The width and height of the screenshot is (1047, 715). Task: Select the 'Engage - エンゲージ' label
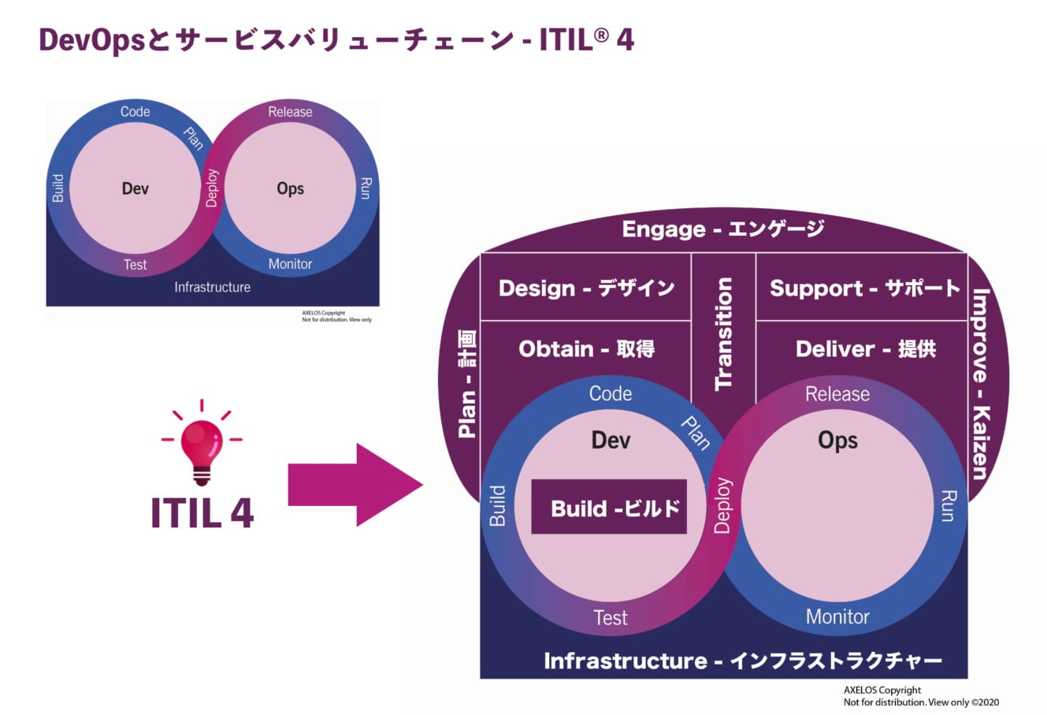pos(722,229)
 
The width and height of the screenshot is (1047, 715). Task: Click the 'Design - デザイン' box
pos(586,288)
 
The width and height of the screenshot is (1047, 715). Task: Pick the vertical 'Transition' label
pos(723,333)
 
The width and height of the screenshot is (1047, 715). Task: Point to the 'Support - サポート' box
pos(864,288)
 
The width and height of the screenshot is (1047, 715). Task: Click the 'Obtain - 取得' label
pos(586,348)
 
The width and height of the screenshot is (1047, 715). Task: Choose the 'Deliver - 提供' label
pos(865,348)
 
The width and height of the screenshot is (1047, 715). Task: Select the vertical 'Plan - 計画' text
pos(467,384)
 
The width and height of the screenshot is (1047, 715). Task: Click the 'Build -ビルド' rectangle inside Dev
pos(609,507)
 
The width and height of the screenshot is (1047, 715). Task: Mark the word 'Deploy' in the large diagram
pos(722,505)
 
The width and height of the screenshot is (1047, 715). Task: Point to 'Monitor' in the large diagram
pos(837,616)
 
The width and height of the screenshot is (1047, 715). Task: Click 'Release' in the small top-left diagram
pos(290,112)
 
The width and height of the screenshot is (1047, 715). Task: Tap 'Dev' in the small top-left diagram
pos(136,188)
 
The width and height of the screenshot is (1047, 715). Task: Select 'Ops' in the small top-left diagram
pos(290,188)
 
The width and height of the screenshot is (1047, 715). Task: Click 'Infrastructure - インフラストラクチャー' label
pos(743,661)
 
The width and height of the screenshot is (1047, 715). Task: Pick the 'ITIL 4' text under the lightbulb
pos(202,512)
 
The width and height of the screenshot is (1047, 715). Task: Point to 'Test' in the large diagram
pos(611,618)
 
